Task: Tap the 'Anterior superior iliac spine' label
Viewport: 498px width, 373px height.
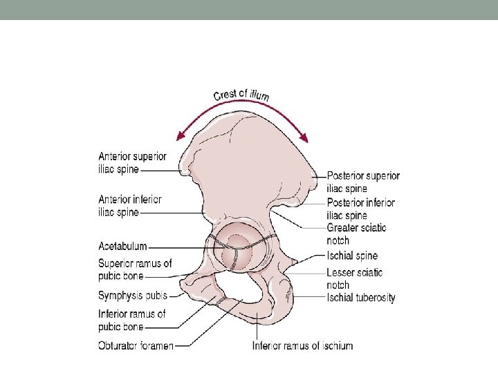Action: [x=132, y=163]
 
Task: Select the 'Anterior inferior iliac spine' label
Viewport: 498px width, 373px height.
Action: [x=130, y=206]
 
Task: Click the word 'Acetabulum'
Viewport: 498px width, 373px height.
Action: [x=122, y=247]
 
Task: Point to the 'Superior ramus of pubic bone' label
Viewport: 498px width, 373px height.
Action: [x=135, y=269]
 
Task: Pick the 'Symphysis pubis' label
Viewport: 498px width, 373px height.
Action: [x=133, y=296]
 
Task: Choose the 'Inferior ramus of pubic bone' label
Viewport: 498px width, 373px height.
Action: [x=132, y=320]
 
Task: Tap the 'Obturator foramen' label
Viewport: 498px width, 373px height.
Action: [x=136, y=345]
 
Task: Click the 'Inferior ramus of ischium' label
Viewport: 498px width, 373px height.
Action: [x=302, y=345]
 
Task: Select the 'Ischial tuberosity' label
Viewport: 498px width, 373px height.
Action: [x=361, y=298]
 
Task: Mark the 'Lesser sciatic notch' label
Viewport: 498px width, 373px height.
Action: [x=353, y=278]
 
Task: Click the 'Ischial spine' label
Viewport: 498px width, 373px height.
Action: [x=352, y=256]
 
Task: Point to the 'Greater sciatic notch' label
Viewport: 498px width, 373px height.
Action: [x=356, y=234]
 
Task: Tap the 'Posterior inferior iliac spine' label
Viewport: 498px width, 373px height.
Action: [x=360, y=209]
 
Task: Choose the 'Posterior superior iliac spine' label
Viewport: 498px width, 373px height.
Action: [x=363, y=182]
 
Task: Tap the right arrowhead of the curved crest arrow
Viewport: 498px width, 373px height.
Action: [x=305, y=139]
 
